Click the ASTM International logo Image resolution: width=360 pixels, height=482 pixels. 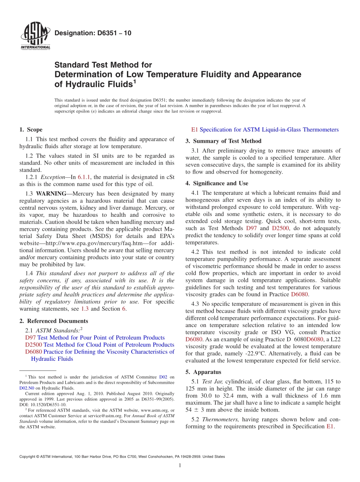coord(35,36)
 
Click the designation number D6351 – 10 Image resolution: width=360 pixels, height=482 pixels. coord(93,33)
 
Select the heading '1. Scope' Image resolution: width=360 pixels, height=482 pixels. coord(31,130)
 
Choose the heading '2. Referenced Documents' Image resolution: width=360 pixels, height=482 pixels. coord(54,321)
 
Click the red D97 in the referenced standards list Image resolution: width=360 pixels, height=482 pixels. coord(30,338)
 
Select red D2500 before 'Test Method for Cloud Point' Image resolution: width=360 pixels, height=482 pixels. coord(34,345)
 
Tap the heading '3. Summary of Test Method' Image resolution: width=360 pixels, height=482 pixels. coord(223,141)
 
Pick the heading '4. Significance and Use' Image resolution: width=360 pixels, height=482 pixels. coord(217,183)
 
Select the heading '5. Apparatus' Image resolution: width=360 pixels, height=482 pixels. coord(203,372)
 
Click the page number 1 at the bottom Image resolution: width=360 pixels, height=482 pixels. coord(180,465)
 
